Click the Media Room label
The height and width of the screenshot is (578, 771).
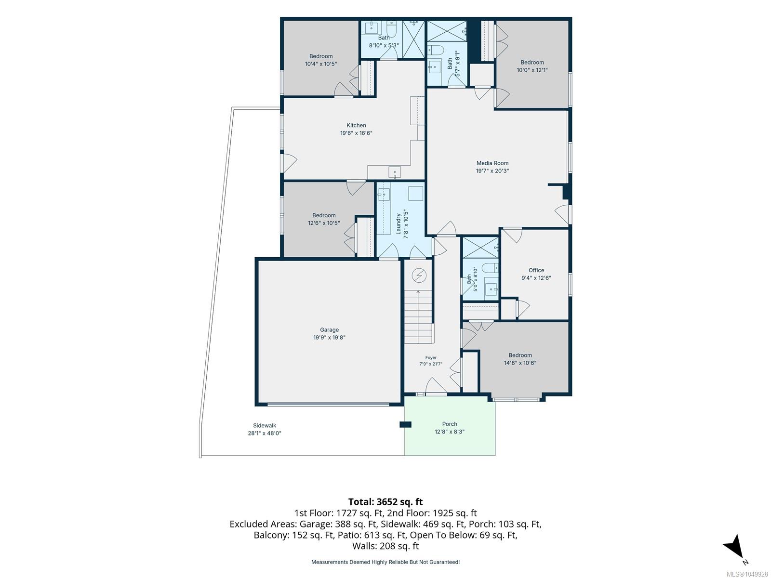tap(492, 163)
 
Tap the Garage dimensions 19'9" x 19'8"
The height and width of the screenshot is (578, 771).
tap(329, 338)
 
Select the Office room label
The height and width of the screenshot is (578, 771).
tap(536, 270)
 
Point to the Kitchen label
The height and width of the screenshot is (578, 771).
tap(356, 125)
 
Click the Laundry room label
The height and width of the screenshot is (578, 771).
tap(399, 224)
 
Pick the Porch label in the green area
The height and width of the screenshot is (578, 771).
tap(450, 424)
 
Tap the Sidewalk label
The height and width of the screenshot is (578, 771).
tap(265, 425)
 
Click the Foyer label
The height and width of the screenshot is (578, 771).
tap(431, 357)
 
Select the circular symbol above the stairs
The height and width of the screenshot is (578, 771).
tap(419, 276)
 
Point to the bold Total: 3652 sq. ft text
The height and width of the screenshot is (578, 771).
tap(385, 502)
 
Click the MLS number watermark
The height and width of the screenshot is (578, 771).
tap(747, 574)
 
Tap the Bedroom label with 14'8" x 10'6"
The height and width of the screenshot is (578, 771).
tap(520, 355)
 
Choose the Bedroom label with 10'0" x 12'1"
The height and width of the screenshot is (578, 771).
tap(532, 63)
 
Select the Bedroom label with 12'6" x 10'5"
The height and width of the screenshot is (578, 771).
tap(324, 215)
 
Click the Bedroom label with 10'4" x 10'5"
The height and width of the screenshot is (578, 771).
tap(321, 56)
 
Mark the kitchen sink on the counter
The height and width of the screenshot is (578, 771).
tap(395, 172)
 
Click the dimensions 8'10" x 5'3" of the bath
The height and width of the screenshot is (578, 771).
tap(384, 46)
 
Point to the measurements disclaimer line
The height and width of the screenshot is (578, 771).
tap(385, 562)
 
